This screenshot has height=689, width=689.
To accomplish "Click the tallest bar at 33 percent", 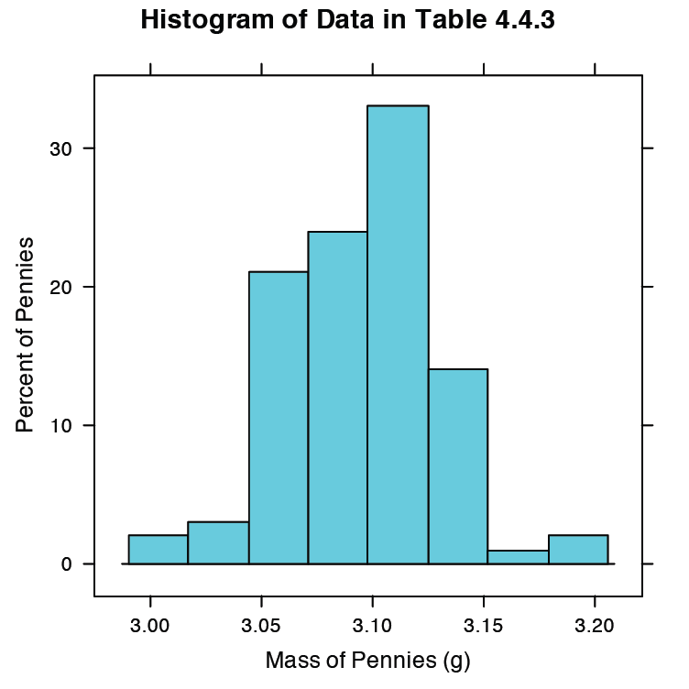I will coord(398,334).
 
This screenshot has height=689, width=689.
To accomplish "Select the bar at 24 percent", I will coord(337,398).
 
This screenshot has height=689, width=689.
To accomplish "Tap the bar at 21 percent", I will coord(278,418).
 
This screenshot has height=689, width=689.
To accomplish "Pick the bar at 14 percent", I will coord(457,466).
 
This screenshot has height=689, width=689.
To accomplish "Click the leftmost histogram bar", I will coord(158,550).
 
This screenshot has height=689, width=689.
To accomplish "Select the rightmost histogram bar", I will coord(578,550).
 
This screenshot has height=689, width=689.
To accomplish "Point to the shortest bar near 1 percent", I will coord(518,557).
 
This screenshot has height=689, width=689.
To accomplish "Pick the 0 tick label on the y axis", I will coord(67,564).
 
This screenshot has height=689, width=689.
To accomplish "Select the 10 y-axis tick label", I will coord(60,426).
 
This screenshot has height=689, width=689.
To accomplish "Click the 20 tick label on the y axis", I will coord(60,288).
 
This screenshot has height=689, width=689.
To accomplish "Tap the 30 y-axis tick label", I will coord(60,149).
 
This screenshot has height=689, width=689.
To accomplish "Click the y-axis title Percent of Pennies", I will coord(27,334).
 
